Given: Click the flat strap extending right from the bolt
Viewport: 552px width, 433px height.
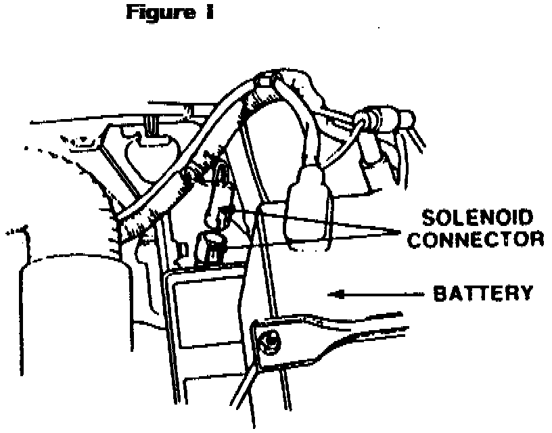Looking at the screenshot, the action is coord(338,335).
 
